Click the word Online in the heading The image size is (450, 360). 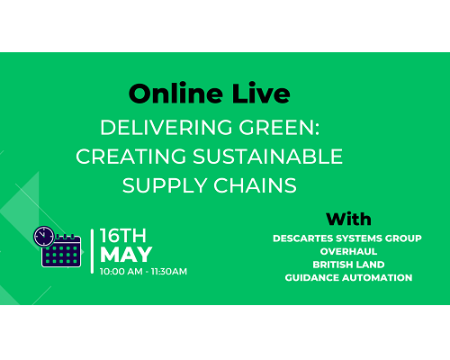(x=175, y=94)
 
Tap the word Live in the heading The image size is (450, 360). (x=261, y=94)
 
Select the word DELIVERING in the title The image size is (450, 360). (x=166, y=127)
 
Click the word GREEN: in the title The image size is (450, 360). (x=279, y=127)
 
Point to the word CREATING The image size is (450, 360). (x=130, y=157)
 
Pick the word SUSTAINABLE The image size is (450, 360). (x=267, y=157)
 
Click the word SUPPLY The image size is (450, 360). (x=165, y=185)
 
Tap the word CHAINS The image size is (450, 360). (x=255, y=185)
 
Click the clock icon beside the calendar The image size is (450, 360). (x=44, y=236)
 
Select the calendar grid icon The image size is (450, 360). (x=61, y=251)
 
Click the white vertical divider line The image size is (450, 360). (x=92, y=251)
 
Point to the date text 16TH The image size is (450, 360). (x=123, y=236)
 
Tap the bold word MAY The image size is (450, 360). (x=126, y=255)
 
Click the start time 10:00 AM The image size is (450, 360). (x=121, y=272)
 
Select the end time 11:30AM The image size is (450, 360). (x=169, y=272)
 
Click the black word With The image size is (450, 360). (x=348, y=219)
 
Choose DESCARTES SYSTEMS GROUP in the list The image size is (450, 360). (x=347, y=238)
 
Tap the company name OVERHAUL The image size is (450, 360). (x=348, y=251)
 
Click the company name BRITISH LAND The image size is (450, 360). (x=348, y=265)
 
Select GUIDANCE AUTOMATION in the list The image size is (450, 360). (x=348, y=278)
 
